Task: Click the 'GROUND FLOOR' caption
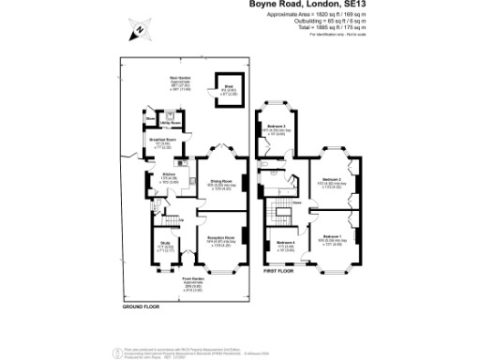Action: tap(142, 307)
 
